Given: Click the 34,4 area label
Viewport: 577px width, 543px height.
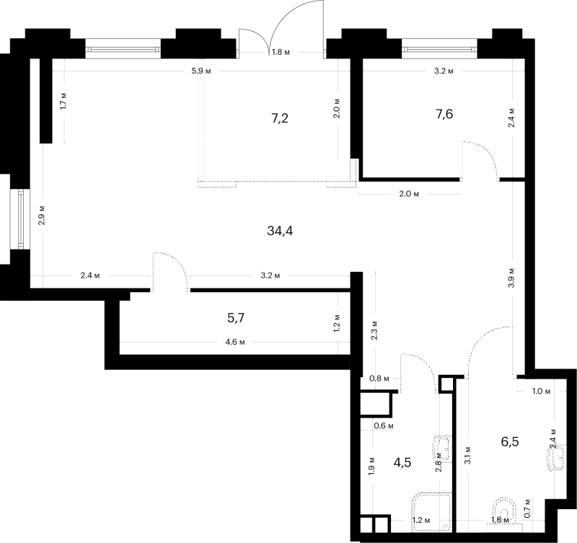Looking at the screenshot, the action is coord(280,231).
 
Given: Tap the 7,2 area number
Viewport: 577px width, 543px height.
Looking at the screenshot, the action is coord(280,118).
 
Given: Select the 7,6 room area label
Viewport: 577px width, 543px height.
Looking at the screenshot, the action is coord(444,115).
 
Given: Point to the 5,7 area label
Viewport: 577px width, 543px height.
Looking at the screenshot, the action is coord(236,318).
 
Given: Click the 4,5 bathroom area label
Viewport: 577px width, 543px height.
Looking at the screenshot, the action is coord(402,462).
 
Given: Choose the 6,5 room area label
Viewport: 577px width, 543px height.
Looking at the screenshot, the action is coord(510,441).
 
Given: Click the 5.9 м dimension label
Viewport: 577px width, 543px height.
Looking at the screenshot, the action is coord(201,71).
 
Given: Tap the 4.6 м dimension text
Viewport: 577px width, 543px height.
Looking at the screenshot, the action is coord(235,342).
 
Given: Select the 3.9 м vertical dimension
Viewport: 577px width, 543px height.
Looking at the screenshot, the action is coord(511,278).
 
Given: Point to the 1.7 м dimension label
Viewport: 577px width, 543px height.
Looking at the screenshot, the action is coord(63,101).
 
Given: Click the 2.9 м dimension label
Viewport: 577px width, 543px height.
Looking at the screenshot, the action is coord(42,215).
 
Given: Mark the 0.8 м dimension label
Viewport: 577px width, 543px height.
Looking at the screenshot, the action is coord(379,379).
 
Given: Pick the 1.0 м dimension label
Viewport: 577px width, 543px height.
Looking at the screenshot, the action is coord(542,391).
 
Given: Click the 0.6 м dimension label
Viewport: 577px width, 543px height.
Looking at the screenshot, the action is coord(384,425).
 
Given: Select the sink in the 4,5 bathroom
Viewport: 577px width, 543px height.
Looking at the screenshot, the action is coord(442,449).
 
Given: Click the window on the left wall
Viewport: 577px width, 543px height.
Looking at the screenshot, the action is coord(20,219).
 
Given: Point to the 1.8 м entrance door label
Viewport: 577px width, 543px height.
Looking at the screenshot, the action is coord(281,52).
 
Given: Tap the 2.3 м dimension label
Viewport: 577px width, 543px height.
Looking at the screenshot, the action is coord(374,330).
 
